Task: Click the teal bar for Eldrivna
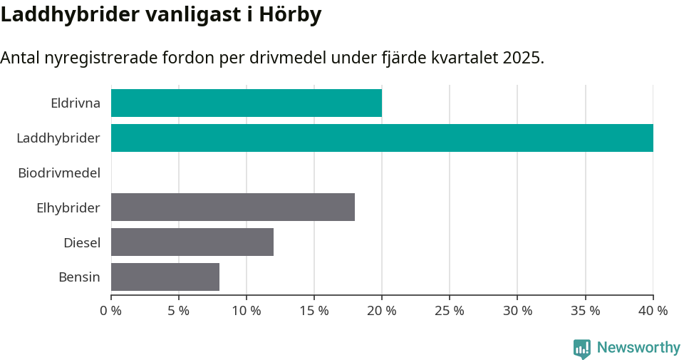[x=246, y=103]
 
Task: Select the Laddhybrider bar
[x=382, y=138]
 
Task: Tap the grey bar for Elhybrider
[x=232, y=207]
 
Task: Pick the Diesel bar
[x=192, y=242]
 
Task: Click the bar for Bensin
[x=165, y=277]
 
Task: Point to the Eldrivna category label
[x=75, y=103]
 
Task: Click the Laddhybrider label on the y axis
[x=58, y=138]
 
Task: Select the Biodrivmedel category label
[x=58, y=173]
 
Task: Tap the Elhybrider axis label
[x=68, y=207]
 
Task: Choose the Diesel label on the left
[x=81, y=242]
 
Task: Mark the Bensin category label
[x=79, y=277]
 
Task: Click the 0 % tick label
[x=111, y=311]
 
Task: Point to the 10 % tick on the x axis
[x=247, y=311]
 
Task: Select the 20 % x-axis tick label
[x=382, y=311]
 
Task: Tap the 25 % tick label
[x=450, y=311]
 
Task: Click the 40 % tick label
[x=653, y=311]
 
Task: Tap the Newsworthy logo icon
[x=582, y=348]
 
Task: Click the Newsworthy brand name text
[x=638, y=348]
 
